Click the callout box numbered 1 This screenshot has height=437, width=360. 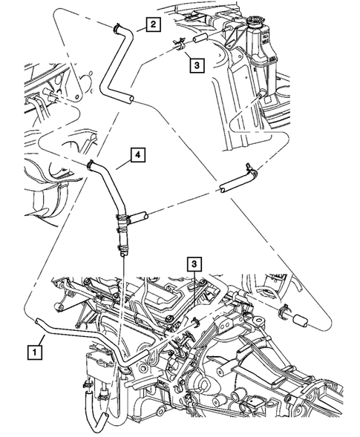coord(35,347)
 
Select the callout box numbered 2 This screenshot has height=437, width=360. coord(152,25)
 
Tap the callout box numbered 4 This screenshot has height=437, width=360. coord(138,155)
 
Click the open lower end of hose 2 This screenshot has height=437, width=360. coord(130,98)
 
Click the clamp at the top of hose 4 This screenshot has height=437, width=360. coord(91,165)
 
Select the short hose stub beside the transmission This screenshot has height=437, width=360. coord(300,322)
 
